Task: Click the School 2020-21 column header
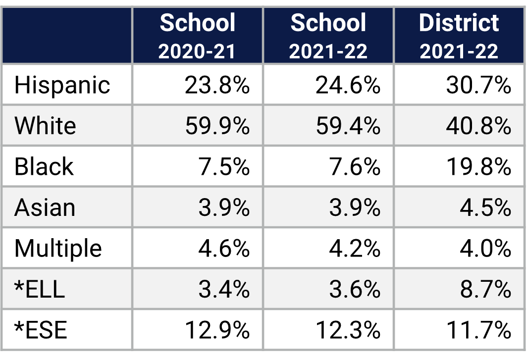198,36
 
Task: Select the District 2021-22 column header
459,36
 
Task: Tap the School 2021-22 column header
328,36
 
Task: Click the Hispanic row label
62,85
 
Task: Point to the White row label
45,126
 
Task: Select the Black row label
44,166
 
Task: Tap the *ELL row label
40,289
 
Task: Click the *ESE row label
41,330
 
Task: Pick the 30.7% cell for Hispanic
478,85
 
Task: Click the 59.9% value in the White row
217,126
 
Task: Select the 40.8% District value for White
478,126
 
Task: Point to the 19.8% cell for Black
478,166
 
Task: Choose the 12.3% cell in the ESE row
348,330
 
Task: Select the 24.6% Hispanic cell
348,85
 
